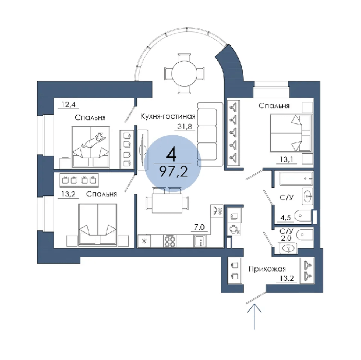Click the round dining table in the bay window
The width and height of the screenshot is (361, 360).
[x=184, y=74]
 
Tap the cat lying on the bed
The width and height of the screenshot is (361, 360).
[x=94, y=140]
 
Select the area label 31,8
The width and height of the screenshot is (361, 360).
[x=185, y=126]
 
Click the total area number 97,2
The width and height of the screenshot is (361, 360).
[x=174, y=171]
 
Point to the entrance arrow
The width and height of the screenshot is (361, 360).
[x=254, y=317]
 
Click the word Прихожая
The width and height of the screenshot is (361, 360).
[x=267, y=269]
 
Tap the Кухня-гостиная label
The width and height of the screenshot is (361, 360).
[x=168, y=116]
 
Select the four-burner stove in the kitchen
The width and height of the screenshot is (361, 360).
[x=170, y=241]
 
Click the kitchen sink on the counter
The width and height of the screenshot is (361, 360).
[x=200, y=241]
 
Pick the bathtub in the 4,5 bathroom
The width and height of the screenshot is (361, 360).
[x=296, y=178]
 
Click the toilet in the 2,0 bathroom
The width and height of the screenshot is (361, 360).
[x=304, y=235]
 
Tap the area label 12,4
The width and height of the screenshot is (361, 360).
[x=68, y=105]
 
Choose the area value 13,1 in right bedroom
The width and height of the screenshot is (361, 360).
[x=286, y=159]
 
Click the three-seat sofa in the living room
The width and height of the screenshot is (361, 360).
[x=210, y=134]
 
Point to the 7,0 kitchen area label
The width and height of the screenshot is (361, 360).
[x=199, y=227]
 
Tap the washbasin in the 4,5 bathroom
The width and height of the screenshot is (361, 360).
[x=307, y=196]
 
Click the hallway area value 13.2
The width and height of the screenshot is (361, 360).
[x=287, y=278]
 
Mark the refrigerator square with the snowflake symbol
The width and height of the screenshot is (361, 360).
[x=144, y=241]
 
